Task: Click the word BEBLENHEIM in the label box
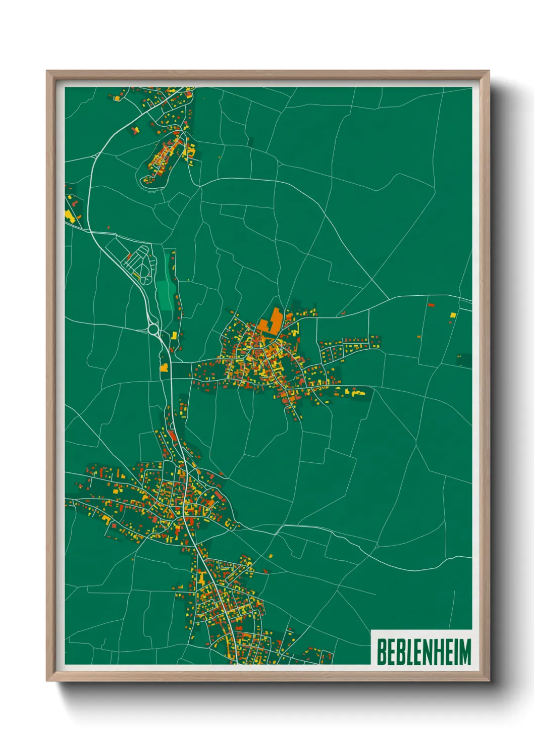coord(423,652)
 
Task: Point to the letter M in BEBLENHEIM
coord(465,652)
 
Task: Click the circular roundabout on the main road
coord(153,330)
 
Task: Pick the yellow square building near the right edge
coord(453,315)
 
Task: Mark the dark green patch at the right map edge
coord(464,360)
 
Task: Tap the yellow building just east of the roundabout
coord(175,335)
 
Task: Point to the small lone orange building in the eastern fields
coord(419,336)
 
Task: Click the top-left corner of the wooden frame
coord(47,71)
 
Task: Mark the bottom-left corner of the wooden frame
coord(47,681)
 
